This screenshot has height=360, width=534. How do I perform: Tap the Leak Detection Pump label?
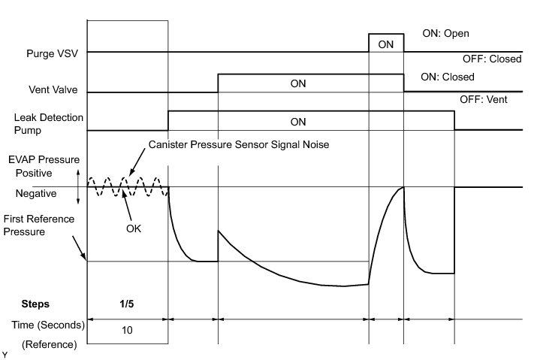tap(48, 123)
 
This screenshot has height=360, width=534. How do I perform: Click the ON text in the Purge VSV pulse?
tap(385, 44)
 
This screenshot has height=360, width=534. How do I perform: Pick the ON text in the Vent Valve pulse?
tap(298, 83)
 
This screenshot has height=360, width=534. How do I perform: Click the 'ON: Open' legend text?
tap(446, 34)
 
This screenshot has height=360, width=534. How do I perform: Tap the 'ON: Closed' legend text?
tap(448, 77)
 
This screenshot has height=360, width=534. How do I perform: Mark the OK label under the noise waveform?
tap(134, 228)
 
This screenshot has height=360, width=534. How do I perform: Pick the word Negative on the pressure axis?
tap(36, 193)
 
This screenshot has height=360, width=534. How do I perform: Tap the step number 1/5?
tap(127, 304)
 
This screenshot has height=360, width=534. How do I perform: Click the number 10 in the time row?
tap(127, 328)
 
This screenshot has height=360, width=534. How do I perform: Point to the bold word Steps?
tap(35, 304)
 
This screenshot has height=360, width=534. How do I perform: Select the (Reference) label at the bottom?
tap(50, 344)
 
